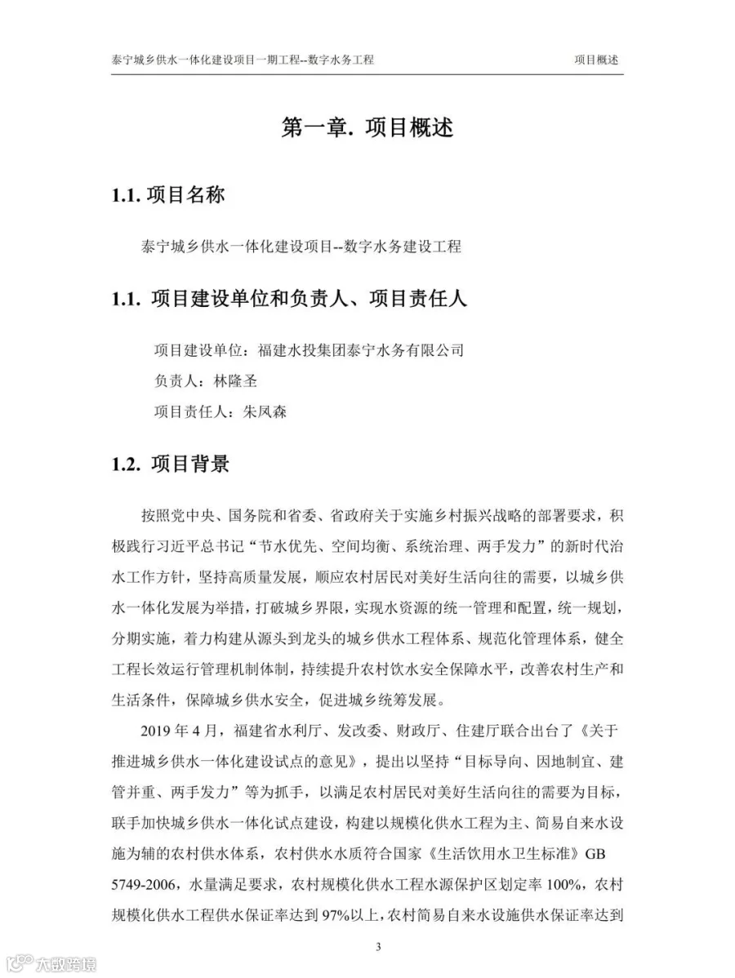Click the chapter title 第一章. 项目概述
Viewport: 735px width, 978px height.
tap(367, 127)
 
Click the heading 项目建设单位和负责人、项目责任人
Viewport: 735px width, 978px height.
tap(309, 299)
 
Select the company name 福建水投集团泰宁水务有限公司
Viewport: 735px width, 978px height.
tap(360, 350)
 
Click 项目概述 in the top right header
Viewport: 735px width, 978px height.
tap(596, 60)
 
